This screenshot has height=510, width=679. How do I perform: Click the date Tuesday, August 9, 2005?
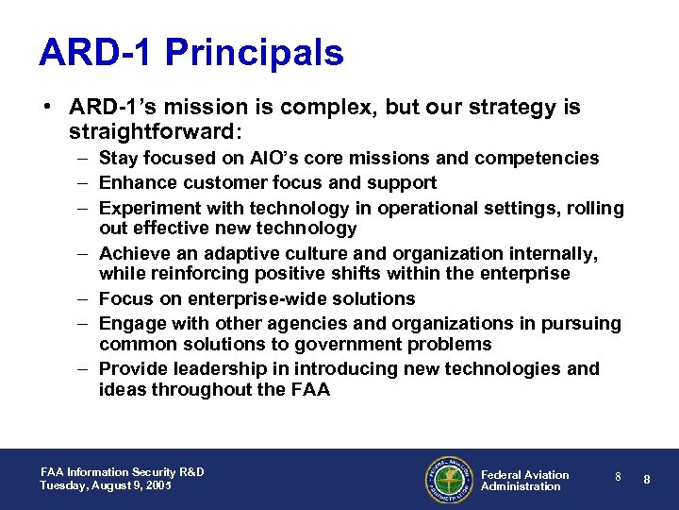pos(106,485)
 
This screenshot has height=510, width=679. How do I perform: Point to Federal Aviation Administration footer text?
pos(524,480)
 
